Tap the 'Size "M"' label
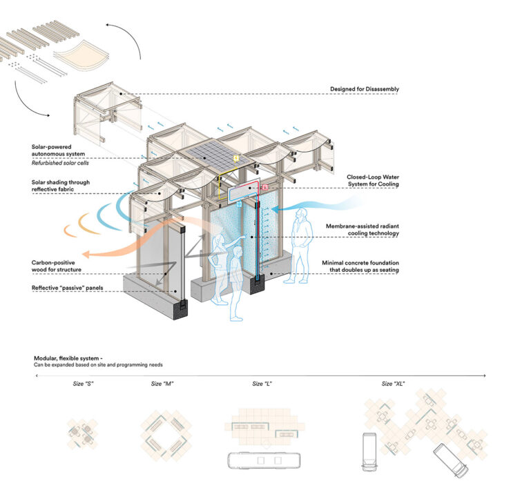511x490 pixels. click(162, 383)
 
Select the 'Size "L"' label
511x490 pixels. click(261, 383)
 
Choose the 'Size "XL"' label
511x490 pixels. click(393, 383)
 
